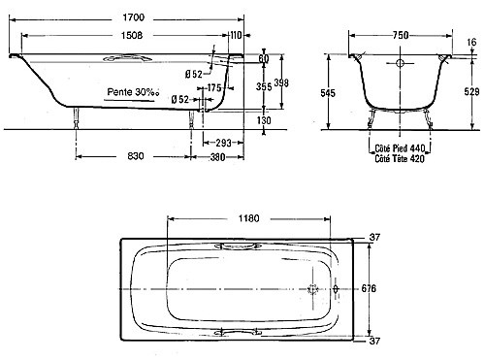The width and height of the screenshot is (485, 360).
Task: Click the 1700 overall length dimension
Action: tap(134, 17)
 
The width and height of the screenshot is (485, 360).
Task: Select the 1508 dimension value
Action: tap(132, 35)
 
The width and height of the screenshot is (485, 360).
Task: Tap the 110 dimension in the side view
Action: tap(236, 35)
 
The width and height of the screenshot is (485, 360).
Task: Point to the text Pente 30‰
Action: tap(133, 92)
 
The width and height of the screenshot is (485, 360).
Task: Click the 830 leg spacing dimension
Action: tap(136, 156)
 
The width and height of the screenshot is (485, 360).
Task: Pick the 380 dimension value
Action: tap(217, 157)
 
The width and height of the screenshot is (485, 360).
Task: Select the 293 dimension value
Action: tap(224, 143)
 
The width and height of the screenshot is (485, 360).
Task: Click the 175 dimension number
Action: tap(214, 87)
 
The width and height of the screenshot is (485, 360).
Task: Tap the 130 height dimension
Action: tap(264, 120)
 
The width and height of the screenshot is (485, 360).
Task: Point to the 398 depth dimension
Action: tap(281, 82)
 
